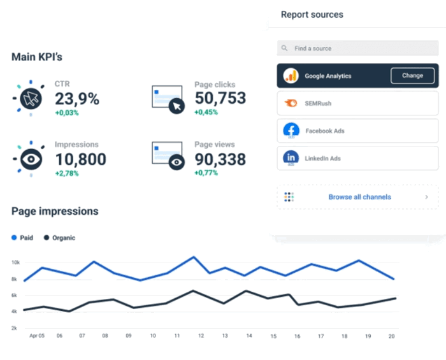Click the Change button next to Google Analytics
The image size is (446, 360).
click(x=412, y=76)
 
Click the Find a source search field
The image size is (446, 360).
click(x=357, y=48)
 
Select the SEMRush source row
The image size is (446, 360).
click(x=357, y=103)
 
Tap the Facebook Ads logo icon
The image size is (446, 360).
click(x=291, y=131)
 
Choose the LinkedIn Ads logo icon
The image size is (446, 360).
click(x=291, y=158)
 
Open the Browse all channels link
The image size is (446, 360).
click(x=359, y=197)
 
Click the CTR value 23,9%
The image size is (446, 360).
click(x=77, y=99)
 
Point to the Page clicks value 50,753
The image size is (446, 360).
click(x=220, y=98)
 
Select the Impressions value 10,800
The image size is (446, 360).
click(x=80, y=159)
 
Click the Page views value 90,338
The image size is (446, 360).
click(x=220, y=159)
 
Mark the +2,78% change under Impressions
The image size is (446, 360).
click(x=67, y=173)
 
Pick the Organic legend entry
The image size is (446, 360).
click(x=59, y=238)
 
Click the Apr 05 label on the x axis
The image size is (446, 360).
click(x=37, y=336)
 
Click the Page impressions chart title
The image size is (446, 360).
click(x=55, y=211)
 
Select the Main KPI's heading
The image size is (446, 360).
click(x=37, y=57)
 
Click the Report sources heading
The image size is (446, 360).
click(x=312, y=14)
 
